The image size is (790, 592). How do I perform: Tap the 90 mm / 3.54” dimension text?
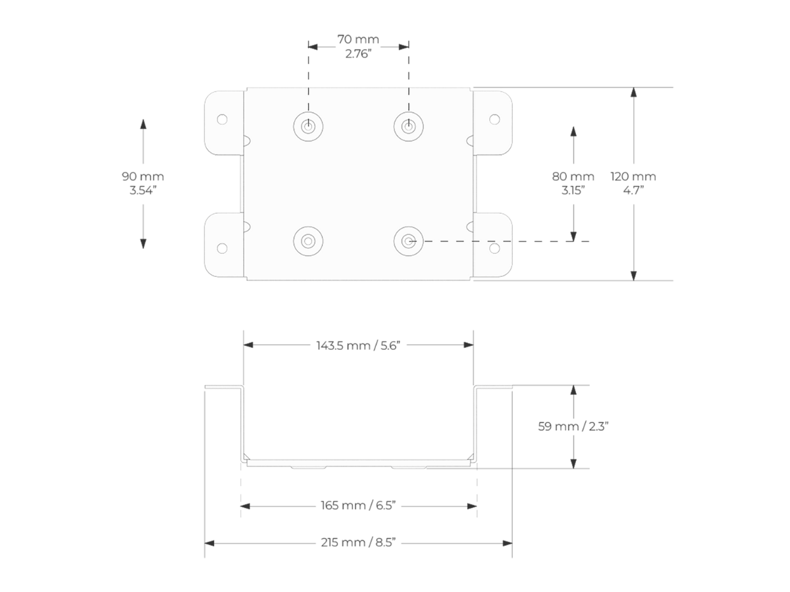[143, 184]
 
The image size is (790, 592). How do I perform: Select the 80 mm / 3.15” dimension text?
[573, 184]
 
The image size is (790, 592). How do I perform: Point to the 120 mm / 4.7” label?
[633, 184]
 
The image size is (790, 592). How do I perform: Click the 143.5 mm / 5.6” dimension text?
[358, 345]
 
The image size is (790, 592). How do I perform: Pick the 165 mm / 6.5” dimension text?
[358, 506]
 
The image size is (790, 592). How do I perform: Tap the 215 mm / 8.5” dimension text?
[358, 543]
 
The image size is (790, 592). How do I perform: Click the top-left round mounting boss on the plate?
[307, 125]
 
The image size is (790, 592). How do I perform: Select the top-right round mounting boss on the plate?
[409, 125]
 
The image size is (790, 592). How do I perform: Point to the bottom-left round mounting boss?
[307, 241]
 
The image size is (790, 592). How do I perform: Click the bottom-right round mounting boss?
[409, 241]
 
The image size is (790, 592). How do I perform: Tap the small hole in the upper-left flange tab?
[222, 120]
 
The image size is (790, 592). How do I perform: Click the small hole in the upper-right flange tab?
[494, 120]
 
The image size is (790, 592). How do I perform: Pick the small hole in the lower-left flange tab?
[222, 248]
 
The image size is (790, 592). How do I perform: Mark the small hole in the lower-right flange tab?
[494, 248]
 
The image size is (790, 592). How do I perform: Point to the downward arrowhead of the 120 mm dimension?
[633, 276]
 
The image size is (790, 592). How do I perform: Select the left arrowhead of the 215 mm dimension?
[209, 543]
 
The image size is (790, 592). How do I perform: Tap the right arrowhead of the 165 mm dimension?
[472, 506]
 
